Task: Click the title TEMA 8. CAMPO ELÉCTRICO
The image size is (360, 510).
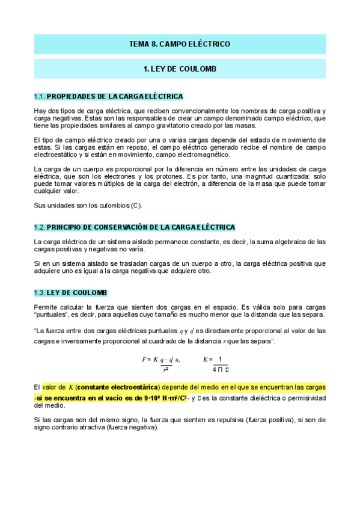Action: click(180, 45)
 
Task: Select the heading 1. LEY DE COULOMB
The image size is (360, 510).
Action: click(180, 69)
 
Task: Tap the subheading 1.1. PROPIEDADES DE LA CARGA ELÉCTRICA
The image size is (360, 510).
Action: click(109, 96)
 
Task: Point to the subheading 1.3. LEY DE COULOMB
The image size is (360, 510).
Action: click(70, 292)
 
